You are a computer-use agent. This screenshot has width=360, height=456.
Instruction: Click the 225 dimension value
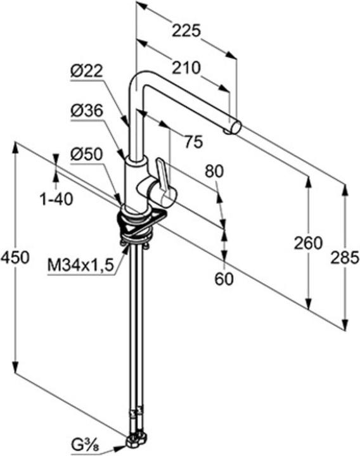tap(187, 30)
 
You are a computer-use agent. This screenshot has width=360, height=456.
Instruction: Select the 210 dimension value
tap(186, 66)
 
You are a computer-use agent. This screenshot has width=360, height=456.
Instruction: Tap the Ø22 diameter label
tap(87, 72)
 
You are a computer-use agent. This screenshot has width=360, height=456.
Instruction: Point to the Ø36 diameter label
tap(87, 111)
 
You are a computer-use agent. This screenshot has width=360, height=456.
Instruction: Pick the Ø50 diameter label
tap(87, 153)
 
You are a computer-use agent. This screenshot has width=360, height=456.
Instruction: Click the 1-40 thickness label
tap(56, 199)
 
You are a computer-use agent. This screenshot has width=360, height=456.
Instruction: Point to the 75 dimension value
tap(193, 142)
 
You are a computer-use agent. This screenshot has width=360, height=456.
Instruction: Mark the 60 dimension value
tap(224, 278)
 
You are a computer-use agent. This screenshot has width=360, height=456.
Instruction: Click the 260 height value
tap(309, 243)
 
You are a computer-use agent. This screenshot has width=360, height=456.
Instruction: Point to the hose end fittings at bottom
tap(138, 438)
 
